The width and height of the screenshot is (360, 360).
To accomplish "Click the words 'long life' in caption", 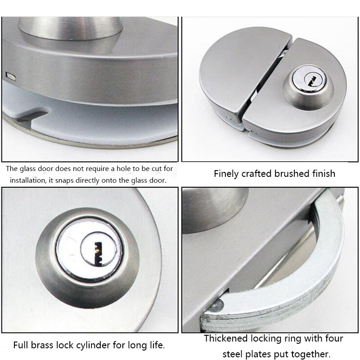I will point(151,346).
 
